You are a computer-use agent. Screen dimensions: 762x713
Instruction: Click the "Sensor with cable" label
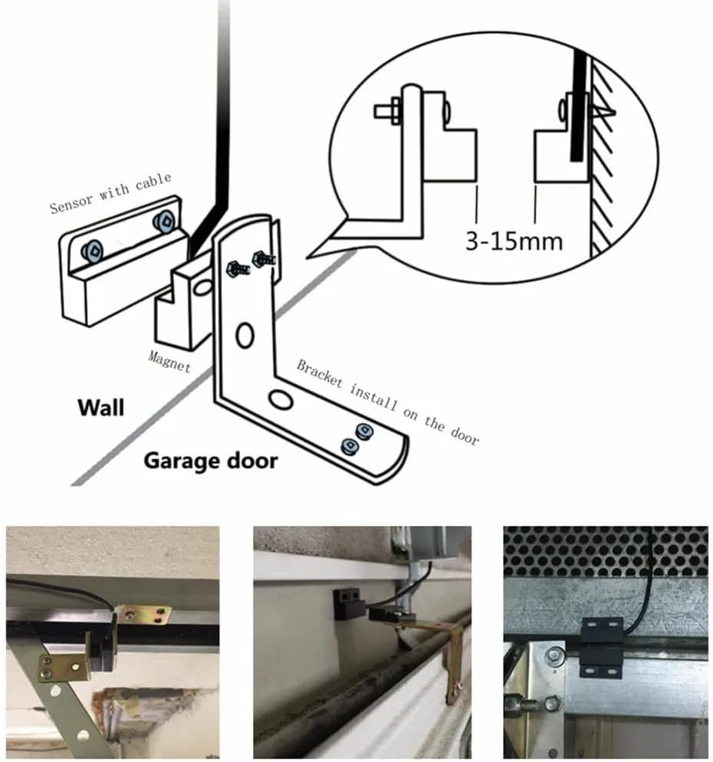pos(110,193)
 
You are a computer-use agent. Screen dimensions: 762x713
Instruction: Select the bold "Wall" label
pos(100,406)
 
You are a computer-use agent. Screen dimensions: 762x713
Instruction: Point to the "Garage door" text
pos(211,461)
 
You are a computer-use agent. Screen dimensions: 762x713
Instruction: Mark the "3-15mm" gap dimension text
pos(514,241)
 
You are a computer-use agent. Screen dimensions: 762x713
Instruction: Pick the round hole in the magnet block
pos(202,288)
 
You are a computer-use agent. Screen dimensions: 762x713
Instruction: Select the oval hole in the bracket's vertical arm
pos(245,335)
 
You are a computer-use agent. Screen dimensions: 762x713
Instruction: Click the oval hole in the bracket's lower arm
pos(280,399)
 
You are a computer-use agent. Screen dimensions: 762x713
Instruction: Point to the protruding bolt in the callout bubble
pos(387,110)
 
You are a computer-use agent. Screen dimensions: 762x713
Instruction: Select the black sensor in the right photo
pos(599,646)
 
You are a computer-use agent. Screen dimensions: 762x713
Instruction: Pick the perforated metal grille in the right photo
pos(606,551)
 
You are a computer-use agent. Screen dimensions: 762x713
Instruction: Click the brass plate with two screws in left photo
pos(146,614)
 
